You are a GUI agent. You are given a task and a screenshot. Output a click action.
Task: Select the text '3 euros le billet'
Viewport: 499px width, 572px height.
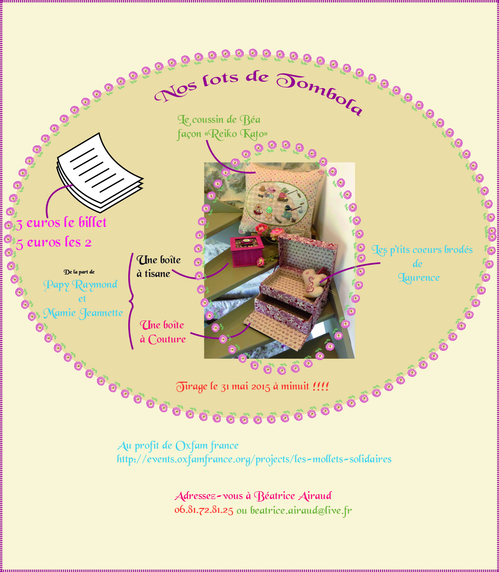click(x=62, y=223)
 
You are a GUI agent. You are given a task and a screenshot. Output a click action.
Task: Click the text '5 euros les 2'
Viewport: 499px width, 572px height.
click(x=54, y=242)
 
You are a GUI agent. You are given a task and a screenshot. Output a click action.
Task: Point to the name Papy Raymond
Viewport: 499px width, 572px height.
click(x=80, y=285)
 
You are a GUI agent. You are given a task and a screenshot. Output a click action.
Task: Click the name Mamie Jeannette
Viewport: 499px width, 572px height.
click(x=83, y=312)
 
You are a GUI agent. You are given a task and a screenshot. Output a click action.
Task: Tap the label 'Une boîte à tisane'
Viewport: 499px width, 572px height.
click(x=154, y=267)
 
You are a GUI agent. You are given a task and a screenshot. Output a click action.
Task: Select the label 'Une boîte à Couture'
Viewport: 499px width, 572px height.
click(x=163, y=332)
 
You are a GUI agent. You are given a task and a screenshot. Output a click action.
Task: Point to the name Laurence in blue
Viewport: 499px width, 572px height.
click(x=419, y=277)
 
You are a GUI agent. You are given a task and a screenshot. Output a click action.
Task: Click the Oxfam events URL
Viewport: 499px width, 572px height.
click(x=254, y=459)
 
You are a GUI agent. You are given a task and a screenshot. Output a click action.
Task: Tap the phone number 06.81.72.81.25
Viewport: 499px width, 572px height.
click(x=204, y=510)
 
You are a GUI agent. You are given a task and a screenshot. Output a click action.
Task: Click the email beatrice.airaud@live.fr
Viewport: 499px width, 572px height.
click(x=301, y=510)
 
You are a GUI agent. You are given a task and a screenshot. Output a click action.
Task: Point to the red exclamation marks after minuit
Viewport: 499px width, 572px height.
click(x=321, y=387)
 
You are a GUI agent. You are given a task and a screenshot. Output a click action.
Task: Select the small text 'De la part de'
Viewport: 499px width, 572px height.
click(x=79, y=271)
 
